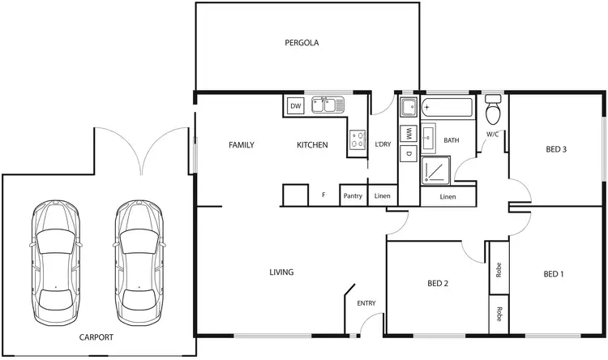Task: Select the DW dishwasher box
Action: (x=295, y=106)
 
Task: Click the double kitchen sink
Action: (x=328, y=105)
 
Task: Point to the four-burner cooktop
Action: (x=357, y=140)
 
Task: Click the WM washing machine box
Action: (x=409, y=133)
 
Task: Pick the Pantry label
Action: (x=353, y=195)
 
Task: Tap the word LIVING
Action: (x=281, y=272)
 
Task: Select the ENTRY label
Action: (x=366, y=303)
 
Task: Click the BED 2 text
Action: (x=438, y=284)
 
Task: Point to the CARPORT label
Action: (x=96, y=337)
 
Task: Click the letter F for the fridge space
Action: (x=323, y=195)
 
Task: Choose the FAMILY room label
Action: (x=241, y=145)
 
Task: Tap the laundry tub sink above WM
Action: (x=408, y=106)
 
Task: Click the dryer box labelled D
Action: (x=409, y=153)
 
